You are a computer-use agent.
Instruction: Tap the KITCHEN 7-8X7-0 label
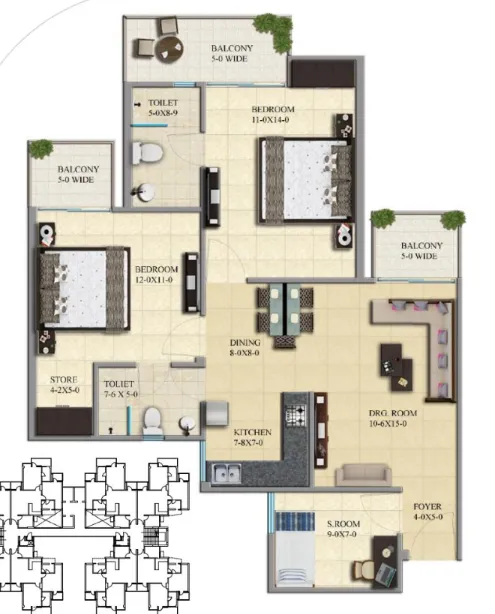[x=252, y=437]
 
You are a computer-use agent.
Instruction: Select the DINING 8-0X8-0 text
[x=245, y=347]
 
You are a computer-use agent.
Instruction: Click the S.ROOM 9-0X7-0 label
[x=343, y=529]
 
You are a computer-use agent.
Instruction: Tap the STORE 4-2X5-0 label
[x=64, y=385]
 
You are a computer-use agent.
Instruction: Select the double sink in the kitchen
[x=226, y=473]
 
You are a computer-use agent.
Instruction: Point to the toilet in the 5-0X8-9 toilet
[x=147, y=153]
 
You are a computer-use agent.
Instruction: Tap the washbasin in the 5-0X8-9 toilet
[x=144, y=192]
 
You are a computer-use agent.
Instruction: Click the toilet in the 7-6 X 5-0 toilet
[x=152, y=421]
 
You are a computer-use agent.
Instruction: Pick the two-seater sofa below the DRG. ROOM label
[x=363, y=475]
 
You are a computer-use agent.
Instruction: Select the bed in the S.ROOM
[x=295, y=549]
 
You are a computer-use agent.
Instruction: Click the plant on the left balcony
[x=41, y=149]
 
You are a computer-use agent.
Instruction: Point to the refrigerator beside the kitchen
[x=215, y=413]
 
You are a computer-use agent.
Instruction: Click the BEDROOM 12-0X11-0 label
[x=156, y=274]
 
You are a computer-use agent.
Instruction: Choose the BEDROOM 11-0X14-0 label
[x=273, y=114]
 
